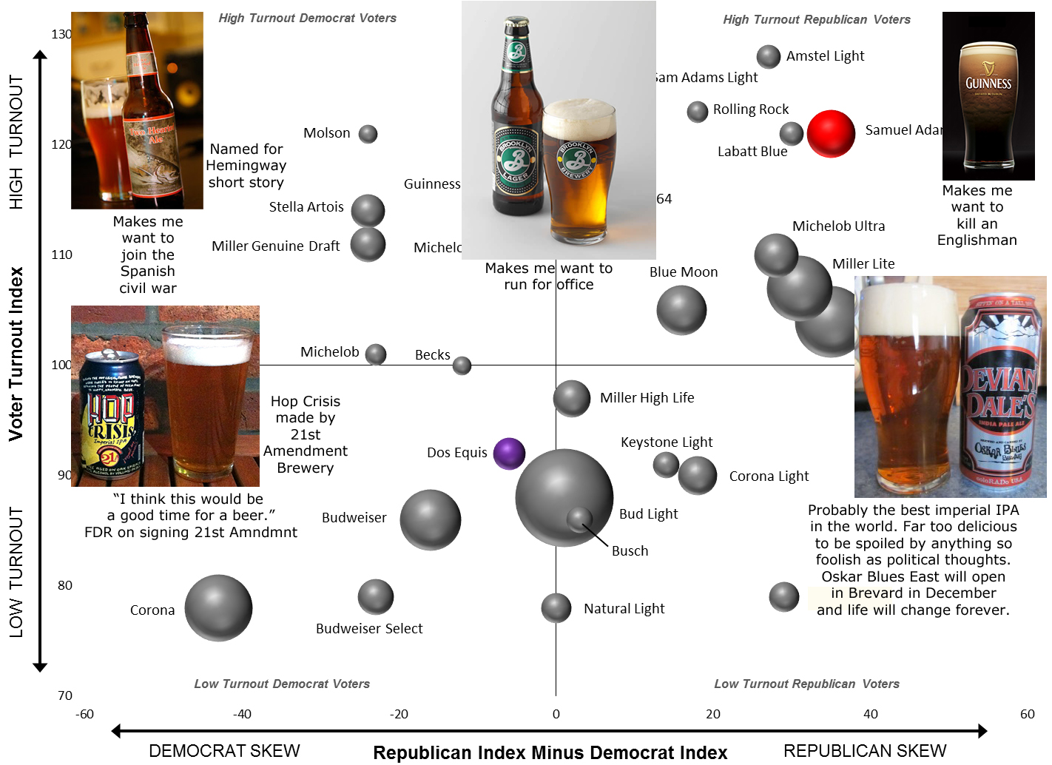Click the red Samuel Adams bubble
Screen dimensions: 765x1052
pyautogui.click(x=831, y=134)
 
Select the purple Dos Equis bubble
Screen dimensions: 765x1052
pyautogui.click(x=509, y=454)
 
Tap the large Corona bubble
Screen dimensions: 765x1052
pyautogui.click(x=218, y=607)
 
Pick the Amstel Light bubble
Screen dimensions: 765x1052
pyautogui.click(x=769, y=56)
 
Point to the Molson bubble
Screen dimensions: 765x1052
pyautogui.click(x=368, y=134)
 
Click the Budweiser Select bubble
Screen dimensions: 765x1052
pyautogui.click(x=376, y=596)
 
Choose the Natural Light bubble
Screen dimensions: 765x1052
pyautogui.click(x=556, y=608)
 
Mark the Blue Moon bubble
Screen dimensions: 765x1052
pyautogui.click(x=681, y=310)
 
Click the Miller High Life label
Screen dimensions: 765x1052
pyautogui.click(x=647, y=398)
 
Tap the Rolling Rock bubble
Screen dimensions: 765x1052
pyautogui.click(x=698, y=112)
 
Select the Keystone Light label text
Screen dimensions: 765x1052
pyautogui.click(x=667, y=442)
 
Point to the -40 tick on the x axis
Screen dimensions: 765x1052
pyautogui.click(x=242, y=714)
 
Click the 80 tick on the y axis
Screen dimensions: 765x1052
pyautogui.click(x=65, y=585)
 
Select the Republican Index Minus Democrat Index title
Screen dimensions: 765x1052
pyautogui.click(x=550, y=752)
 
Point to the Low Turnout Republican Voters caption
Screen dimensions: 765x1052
pyautogui.click(x=806, y=684)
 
